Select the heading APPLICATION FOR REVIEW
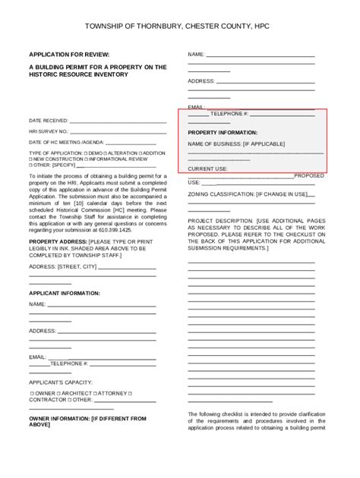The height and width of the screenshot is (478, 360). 69,55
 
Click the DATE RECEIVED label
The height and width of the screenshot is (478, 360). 48,121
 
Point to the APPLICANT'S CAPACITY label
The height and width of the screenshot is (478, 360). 61,382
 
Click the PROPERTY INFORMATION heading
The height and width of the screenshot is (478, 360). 222,132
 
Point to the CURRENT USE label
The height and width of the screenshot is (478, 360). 207,168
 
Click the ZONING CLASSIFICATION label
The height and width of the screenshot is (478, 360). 225,194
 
